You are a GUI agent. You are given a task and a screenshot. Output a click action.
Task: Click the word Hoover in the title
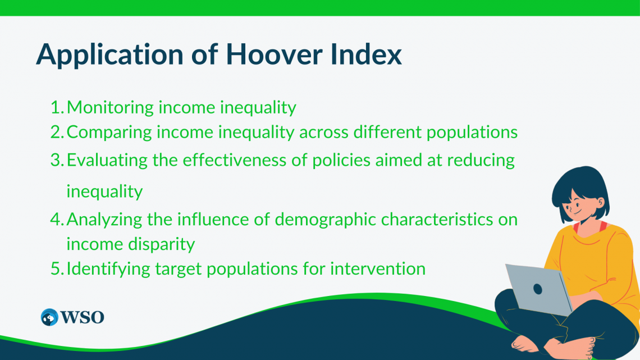coord(274,54)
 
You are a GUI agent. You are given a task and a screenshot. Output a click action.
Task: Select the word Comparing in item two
coord(109,133)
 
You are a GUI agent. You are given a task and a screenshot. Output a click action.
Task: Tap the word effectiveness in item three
coord(235,160)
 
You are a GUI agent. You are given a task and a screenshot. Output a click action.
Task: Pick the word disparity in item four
coord(168,244)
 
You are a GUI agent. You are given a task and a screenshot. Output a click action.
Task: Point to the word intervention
coord(378,268)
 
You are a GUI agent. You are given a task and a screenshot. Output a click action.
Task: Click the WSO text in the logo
coord(83,317)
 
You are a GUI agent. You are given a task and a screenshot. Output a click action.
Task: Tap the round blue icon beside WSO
coord(49,317)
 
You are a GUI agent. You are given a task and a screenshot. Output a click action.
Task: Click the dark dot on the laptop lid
coord(538,289)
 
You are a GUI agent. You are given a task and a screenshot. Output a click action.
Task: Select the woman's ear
coord(600,202)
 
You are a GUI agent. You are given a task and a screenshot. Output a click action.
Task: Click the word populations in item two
coord(472,133)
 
